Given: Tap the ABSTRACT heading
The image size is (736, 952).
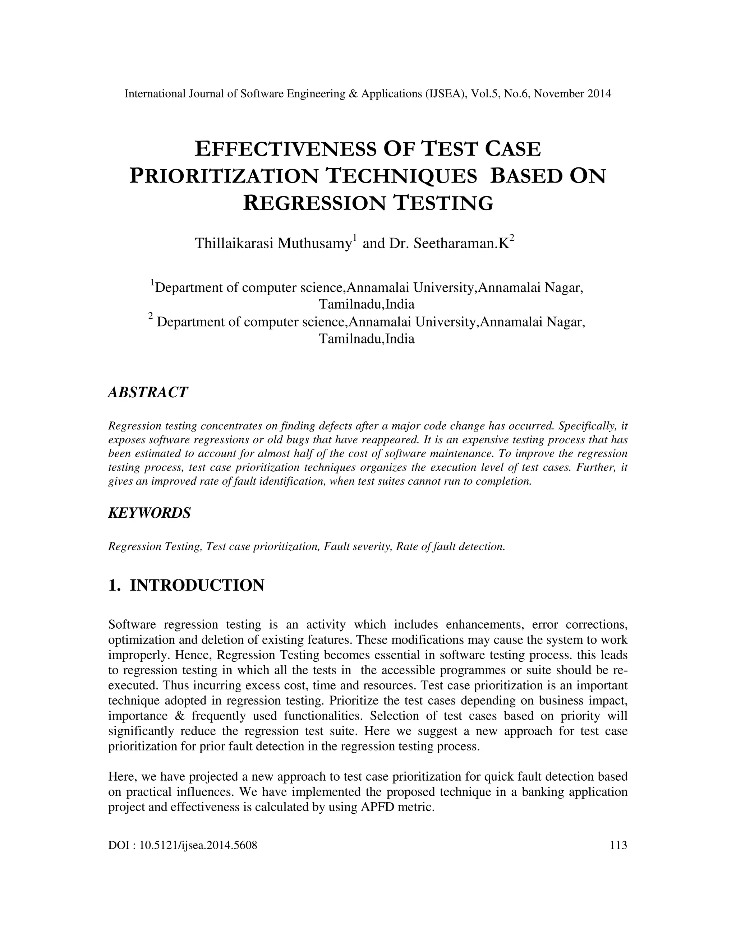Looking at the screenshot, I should pos(148,392).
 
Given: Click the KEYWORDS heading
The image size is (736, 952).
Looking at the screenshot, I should pos(149,513).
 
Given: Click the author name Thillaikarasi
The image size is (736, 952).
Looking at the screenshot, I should pos(234,244).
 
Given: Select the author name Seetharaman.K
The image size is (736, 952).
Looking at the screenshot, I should pos(461,244).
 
